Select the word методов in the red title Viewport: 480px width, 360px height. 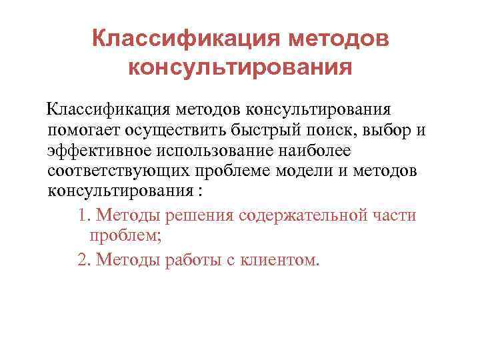[x=335, y=38]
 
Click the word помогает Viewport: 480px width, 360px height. [x=85, y=129]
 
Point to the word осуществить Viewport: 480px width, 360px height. [x=179, y=129]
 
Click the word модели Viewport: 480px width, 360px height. [x=311, y=171]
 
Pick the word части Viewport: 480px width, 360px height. [x=394, y=215]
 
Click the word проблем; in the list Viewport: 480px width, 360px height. [x=123, y=236]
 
